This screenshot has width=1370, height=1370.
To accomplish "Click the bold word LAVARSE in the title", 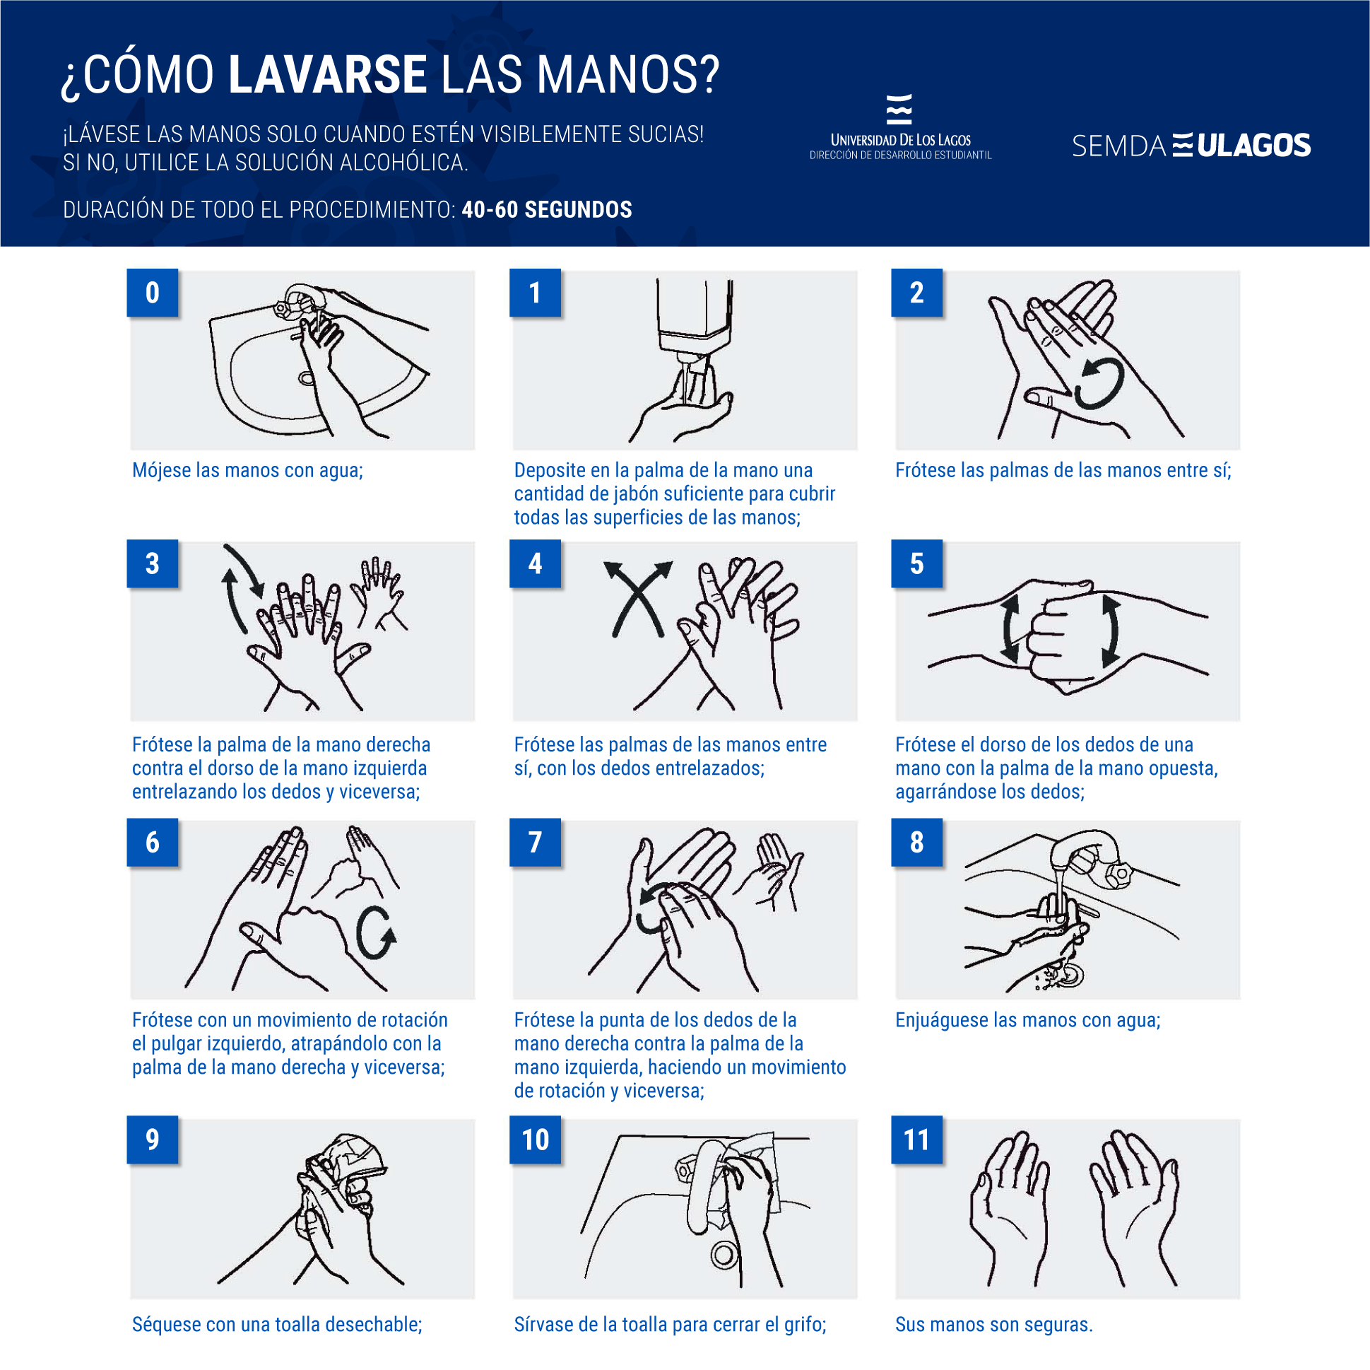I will click(327, 74).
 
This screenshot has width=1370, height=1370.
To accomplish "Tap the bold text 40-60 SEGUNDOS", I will click(546, 210).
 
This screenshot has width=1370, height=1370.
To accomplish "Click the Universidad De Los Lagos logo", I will click(900, 128).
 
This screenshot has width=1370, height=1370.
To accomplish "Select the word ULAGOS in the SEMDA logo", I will click(1253, 146).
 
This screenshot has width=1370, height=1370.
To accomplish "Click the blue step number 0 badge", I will click(153, 292).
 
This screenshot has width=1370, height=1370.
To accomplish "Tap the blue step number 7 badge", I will click(535, 842).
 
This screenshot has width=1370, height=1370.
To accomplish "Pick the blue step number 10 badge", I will click(535, 1140).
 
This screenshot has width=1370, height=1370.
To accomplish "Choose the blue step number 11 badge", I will click(916, 1140).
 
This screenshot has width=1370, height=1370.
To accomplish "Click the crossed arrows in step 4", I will click(637, 598).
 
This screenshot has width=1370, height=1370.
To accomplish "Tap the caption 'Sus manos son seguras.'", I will click(993, 1324).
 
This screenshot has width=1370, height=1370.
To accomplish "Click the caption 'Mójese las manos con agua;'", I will click(247, 469).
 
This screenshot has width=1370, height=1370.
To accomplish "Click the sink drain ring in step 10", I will click(724, 1254).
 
